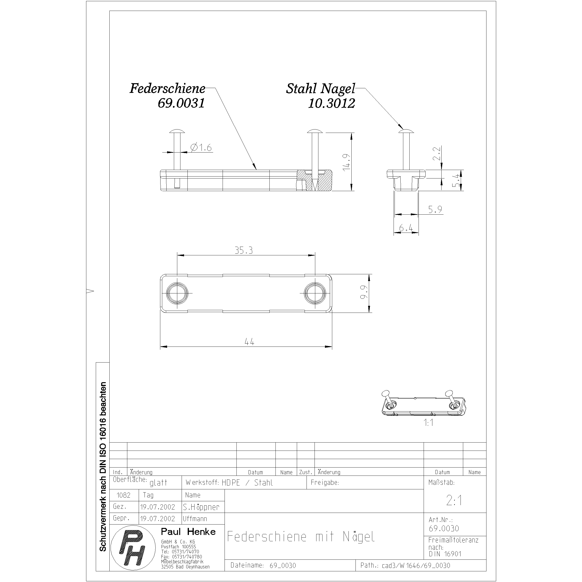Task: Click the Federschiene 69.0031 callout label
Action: [168, 96]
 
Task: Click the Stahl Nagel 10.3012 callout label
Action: [321, 96]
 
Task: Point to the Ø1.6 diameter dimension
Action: [201, 148]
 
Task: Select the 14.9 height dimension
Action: [347, 162]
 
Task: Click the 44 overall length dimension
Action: [250, 342]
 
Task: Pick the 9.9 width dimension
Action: [364, 292]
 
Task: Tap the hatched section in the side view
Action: [324, 180]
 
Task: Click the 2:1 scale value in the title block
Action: [454, 500]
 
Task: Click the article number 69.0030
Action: [444, 528]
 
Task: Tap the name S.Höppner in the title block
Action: [201, 507]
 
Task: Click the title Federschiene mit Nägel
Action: [301, 537]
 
